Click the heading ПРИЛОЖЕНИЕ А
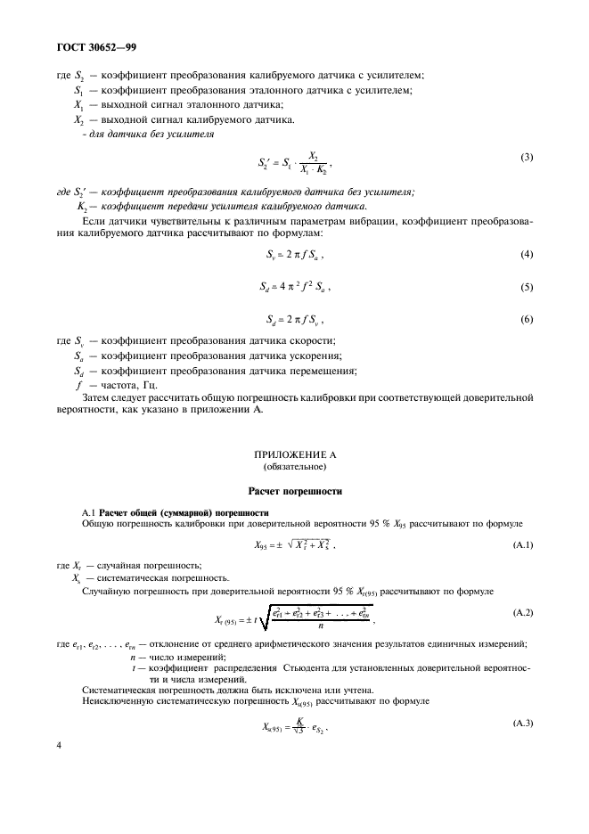tap(294, 454)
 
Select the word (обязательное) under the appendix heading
tap(294, 466)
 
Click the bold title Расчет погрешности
tap(294, 491)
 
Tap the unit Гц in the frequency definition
tap(148, 385)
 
